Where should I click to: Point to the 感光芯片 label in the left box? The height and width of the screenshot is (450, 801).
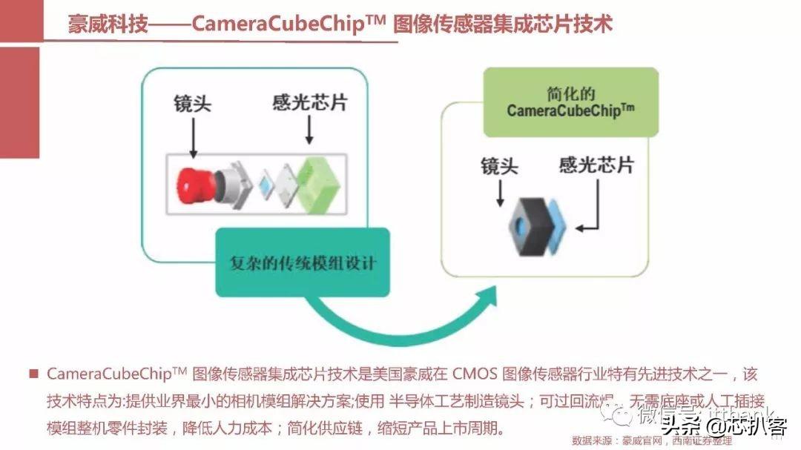[309, 103]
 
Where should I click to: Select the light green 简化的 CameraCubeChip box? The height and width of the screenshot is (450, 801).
[570, 102]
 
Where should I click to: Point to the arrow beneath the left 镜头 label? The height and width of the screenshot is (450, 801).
[193, 139]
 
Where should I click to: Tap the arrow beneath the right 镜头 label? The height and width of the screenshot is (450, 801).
[500, 193]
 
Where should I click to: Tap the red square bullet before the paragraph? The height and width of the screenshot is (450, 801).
[33, 374]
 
